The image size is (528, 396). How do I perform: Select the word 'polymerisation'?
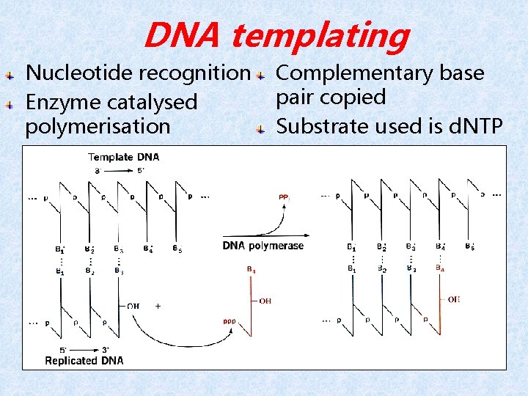(97, 126)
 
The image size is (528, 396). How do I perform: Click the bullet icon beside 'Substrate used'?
(260, 129)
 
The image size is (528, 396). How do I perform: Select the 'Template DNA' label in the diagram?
(123, 157)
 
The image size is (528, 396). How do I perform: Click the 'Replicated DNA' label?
(84, 360)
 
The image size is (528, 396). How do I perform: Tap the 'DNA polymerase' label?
(263, 246)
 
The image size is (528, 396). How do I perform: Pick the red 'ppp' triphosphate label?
(229, 321)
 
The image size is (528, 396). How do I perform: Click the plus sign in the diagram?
(158, 306)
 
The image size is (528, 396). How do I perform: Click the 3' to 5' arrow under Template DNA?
(122, 170)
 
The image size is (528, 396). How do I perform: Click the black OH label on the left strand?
(134, 306)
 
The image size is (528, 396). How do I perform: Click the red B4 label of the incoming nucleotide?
(251, 270)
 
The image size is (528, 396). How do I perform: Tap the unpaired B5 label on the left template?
(177, 249)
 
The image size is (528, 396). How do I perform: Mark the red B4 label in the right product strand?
(439, 269)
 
